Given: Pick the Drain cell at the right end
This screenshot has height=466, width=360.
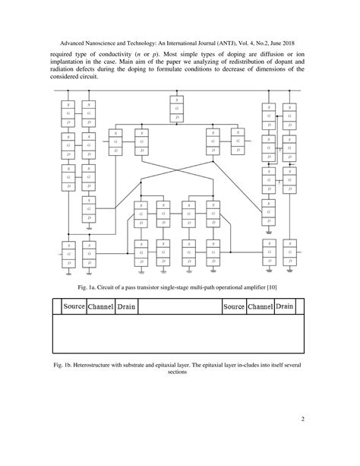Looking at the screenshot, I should point(284,306).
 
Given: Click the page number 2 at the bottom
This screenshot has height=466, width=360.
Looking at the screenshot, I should point(302,420).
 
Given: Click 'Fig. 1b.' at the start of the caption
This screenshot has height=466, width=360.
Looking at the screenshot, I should point(65,366).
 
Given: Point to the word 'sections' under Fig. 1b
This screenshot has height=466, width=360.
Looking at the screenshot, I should point(180,373).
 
